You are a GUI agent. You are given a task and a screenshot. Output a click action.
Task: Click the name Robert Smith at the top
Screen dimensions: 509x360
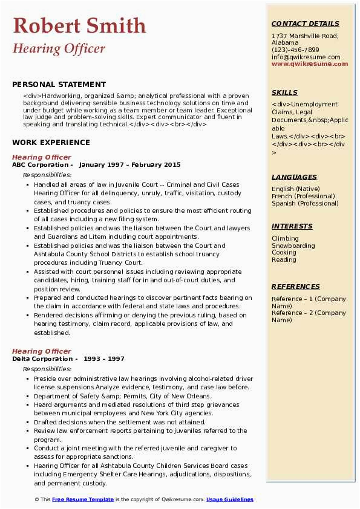pyautogui.click(x=79, y=25)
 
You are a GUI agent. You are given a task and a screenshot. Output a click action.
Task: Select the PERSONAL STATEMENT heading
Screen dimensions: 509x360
pyautogui.click(x=59, y=85)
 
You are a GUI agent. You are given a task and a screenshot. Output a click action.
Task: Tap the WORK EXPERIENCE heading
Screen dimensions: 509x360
pyautogui.click(x=51, y=143)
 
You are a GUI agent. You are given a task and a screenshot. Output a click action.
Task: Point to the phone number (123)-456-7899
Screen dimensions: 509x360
pyautogui.click(x=295, y=50)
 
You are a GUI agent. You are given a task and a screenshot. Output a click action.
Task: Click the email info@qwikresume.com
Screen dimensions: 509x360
pyautogui.click(x=301, y=57)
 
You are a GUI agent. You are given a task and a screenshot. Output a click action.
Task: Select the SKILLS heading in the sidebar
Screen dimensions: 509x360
pyautogui.click(x=284, y=92)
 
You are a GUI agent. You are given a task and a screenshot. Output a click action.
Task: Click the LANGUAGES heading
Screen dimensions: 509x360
pyautogui.click(x=294, y=177)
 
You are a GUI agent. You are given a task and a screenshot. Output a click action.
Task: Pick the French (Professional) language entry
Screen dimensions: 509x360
pyautogui.click(x=304, y=196)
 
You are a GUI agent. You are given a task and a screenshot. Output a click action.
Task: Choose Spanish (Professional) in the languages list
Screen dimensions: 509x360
pyautogui.click(x=305, y=204)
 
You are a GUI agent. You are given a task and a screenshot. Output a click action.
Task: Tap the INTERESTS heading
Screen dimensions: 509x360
pyautogui.click(x=292, y=226)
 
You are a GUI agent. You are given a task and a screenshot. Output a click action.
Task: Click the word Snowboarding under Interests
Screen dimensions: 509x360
pyautogui.click(x=293, y=246)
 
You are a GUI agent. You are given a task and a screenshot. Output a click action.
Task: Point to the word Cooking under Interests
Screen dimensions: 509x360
pyautogui.click(x=284, y=253)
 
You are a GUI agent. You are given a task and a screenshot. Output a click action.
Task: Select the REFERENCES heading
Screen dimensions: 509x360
pyautogui.click(x=295, y=287)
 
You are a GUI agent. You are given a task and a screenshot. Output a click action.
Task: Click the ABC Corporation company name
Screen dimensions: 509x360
pyautogui.click(x=40, y=165)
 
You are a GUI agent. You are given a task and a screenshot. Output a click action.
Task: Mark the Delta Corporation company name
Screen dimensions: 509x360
pyautogui.click(x=41, y=359)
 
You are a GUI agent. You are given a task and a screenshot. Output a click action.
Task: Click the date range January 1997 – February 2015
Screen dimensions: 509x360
pyautogui.click(x=129, y=165)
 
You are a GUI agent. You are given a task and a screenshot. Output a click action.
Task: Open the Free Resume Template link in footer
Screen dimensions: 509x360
pyautogui.click(x=83, y=499)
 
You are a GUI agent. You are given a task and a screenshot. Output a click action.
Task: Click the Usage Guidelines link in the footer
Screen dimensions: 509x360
pyautogui.click(x=230, y=499)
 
